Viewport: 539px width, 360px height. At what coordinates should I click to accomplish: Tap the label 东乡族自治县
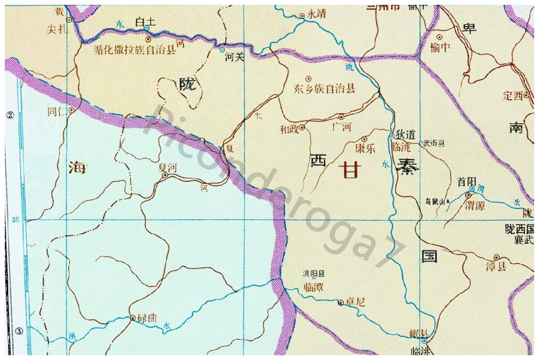tap(325, 89)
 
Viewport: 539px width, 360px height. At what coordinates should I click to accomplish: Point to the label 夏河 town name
tap(167, 167)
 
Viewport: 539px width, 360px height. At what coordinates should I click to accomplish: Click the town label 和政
tap(289, 129)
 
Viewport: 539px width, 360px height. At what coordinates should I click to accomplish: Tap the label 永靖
tap(317, 15)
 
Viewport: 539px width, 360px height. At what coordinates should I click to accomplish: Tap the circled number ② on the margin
tap(8, 115)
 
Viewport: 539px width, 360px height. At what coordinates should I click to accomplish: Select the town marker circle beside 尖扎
tap(69, 20)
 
